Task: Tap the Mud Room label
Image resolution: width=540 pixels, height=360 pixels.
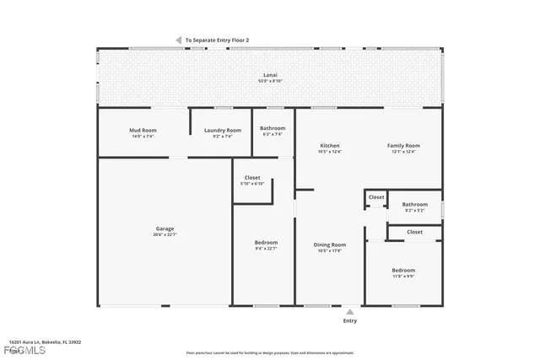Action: pos(140,131)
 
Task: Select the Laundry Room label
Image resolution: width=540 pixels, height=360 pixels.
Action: pos(223,130)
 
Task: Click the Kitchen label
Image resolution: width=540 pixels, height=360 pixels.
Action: pos(330,146)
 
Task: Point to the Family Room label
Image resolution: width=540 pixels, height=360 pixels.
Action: pos(403,146)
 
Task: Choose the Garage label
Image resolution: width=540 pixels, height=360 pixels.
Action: pos(165,228)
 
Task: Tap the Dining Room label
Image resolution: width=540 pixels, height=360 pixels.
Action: pos(330,244)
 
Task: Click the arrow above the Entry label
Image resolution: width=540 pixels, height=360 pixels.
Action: pos(349,310)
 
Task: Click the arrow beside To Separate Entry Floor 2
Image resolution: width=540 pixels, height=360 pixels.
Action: pos(178,40)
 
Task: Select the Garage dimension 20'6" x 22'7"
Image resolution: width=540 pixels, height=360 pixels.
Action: pos(165,234)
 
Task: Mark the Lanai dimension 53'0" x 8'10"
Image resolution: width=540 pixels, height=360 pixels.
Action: pos(270,82)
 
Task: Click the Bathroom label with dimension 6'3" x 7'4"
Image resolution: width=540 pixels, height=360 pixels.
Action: pos(273,128)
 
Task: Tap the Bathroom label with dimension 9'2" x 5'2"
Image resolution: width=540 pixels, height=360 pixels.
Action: pos(414,203)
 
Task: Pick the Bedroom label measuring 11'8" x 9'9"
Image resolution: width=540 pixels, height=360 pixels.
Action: pos(403,270)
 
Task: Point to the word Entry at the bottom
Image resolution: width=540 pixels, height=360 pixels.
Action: pos(349,320)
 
